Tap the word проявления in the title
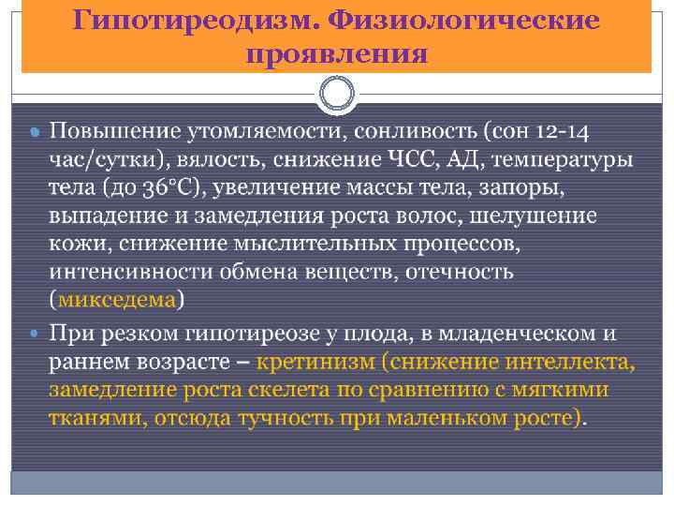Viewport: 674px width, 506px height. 337,53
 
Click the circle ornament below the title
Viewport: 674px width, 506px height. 337,93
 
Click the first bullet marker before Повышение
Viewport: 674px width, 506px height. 34,130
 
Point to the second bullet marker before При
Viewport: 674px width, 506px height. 34,335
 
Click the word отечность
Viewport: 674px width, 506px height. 457,272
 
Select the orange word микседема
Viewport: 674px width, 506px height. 117,300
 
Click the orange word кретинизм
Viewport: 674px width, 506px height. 315,362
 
